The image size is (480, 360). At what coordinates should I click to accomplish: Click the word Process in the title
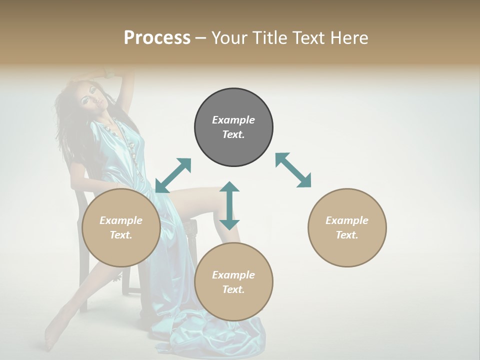(x=157, y=38)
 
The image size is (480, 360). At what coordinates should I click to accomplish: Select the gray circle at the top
(x=233, y=127)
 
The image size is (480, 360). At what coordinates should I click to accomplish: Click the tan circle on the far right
(x=347, y=227)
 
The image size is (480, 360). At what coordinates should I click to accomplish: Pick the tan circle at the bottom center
(x=233, y=282)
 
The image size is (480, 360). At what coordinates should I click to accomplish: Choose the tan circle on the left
(x=121, y=227)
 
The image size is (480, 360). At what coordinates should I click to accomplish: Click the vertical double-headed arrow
(x=229, y=205)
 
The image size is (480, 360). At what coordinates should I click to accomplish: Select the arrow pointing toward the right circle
(x=293, y=170)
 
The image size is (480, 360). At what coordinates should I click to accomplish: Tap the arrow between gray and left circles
(x=173, y=175)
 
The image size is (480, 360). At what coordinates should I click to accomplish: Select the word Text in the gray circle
(x=233, y=135)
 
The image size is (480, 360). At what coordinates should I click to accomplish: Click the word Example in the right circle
(x=347, y=220)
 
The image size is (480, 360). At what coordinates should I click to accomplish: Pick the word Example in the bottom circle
(x=233, y=275)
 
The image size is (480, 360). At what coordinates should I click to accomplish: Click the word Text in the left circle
(x=121, y=235)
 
